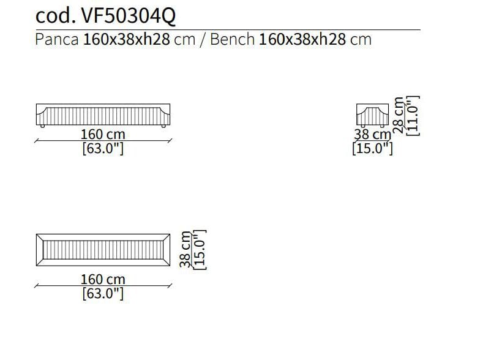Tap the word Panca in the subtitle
click(57, 40)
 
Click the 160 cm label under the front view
click(103, 134)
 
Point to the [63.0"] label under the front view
click(103, 149)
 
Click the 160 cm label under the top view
click(103, 280)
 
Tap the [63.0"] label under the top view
click(103, 294)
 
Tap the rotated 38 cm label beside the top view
click(186, 249)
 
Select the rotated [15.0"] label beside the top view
click(200, 249)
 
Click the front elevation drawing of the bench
click(103, 114)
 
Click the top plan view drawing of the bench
click(103, 250)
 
